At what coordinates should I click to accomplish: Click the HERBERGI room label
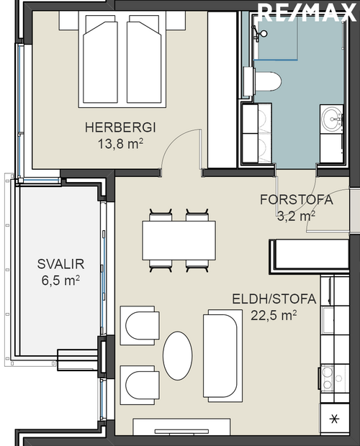[120, 127]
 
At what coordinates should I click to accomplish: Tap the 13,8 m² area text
[120, 142]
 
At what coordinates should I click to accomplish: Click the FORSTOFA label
[297, 200]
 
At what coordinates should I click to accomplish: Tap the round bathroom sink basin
[333, 119]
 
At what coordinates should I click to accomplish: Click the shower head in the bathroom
[264, 33]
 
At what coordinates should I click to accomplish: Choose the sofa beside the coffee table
[220, 354]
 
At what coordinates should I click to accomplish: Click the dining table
[179, 240]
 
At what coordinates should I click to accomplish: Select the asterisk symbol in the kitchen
[333, 419]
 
